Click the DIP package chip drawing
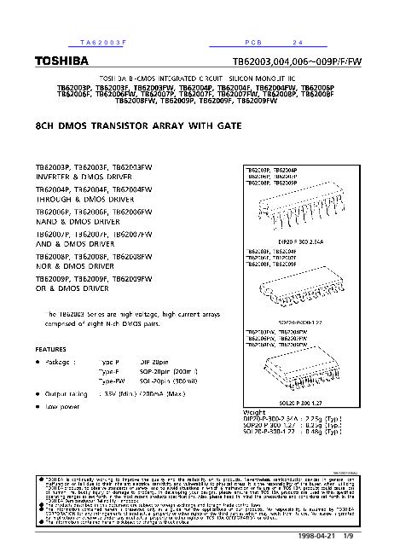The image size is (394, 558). pyautogui.click(x=286, y=210)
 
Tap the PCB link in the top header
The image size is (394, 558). pyautogui.click(x=255, y=42)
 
